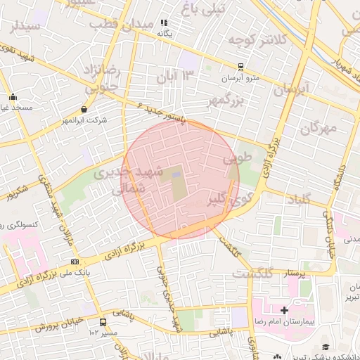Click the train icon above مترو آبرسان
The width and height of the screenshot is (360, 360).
(241, 67)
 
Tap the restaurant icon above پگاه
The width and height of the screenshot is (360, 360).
(165, 22)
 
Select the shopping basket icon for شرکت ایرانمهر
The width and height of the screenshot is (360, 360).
(84, 110)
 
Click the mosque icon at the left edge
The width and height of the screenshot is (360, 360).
(13, 97)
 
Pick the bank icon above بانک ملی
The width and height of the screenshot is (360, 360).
(75, 262)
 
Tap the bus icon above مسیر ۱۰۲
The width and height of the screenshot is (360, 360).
(103, 322)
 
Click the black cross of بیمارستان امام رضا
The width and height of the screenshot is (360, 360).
(284, 310)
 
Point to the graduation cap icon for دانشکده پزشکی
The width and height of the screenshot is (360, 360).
(326, 347)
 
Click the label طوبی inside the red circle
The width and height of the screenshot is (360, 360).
(237, 160)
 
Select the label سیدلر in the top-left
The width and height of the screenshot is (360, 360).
(22, 26)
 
